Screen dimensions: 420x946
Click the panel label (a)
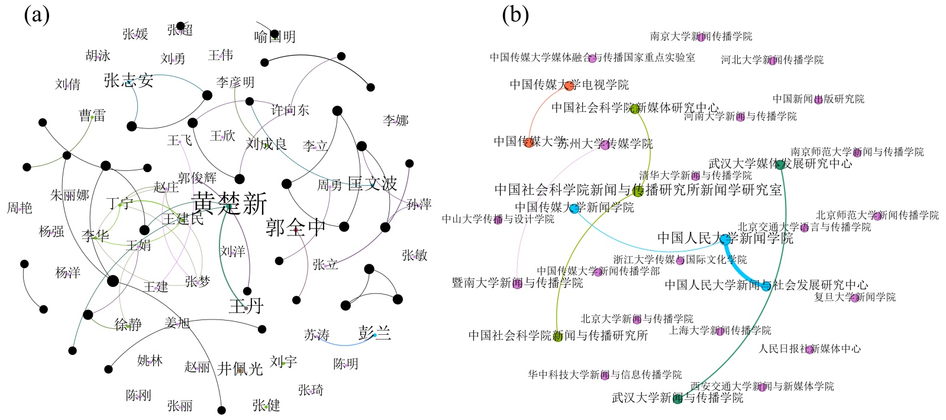(x=37, y=15)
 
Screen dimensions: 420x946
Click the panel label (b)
(x=515, y=15)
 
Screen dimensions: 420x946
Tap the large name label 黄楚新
(x=230, y=203)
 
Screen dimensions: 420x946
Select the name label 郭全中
(x=295, y=228)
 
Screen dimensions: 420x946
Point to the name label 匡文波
(x=372, y=184)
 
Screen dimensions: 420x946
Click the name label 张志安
(x=128, y=80)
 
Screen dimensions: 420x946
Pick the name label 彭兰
(x=374, y=334)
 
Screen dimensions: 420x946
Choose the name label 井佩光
(x=240, y=369)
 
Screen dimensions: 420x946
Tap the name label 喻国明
(x=275, y=37)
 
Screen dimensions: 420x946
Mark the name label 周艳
(x=20, y=208)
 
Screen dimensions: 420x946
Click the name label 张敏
(x=414, y=256)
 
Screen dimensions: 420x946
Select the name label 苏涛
(x=317, y=335)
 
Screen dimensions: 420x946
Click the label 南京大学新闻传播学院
(x=701, y=37)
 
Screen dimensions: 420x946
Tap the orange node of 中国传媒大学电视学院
(x=569, y=86)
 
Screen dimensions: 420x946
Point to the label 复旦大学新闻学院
(x=855, y=297)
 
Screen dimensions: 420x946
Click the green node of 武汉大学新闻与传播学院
(x=678, y=399)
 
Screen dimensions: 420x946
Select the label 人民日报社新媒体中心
(x=809, y=349)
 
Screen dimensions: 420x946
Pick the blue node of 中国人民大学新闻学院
(x=725, y=239)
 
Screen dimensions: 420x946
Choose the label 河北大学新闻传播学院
(x=772, y=60)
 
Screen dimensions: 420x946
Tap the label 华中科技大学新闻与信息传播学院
(x=605, y=375)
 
